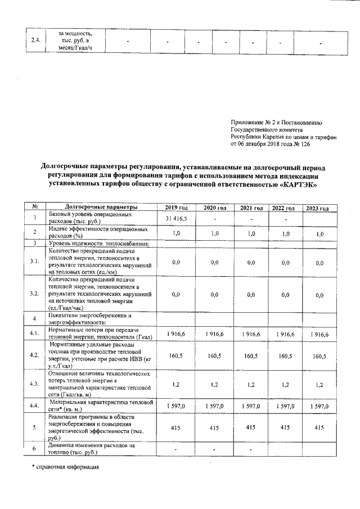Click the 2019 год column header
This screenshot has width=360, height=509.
pyautogui.click(x=176, y=209)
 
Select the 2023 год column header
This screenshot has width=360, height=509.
pyautogui.click(x=317, y=209)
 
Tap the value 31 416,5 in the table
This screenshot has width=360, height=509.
pyautogui.click(x=176, y=218)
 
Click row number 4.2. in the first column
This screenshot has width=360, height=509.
pyautogui.click(x=34, y=355)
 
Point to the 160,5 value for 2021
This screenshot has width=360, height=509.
pyautogui.click(x=251, y=355)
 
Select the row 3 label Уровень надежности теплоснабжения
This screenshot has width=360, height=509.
pyautogui.click(x=98, y=243)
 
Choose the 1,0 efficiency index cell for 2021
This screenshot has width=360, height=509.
pyautogui.click(x=251, y=233)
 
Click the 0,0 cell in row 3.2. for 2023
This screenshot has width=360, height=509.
pyautogui.click(x=319, y=294)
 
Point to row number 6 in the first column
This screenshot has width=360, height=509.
pyautogui.click(x=34, y=448)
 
